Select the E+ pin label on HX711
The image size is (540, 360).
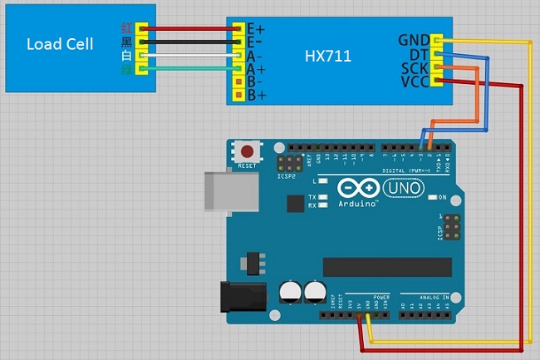click(255, 28)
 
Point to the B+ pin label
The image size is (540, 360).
click(254, 96)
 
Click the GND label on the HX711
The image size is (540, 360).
click(414, 40)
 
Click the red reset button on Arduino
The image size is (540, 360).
click(248, 152)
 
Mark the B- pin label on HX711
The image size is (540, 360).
click(254, 82)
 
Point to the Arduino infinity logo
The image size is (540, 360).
click(357, 190)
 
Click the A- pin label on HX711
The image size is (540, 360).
click(254, 56)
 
